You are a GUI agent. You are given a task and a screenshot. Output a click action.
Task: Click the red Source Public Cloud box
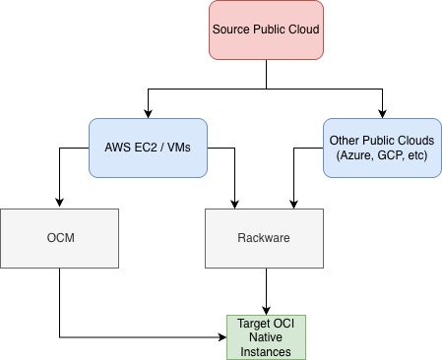[x=266, y=30]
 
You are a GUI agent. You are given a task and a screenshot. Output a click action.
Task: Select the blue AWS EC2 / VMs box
[x=148, y=149]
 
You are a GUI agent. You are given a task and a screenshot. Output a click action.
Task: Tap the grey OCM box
[x=60, y=237]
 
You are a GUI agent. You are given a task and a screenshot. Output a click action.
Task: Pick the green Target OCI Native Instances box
[x=266, y=336]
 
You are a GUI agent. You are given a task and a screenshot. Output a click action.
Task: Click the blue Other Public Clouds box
[x=382, y=149]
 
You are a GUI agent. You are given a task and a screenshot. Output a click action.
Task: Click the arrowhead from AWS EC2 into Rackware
[x=236, y=203]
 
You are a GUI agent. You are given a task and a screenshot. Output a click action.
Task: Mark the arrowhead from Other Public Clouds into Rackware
[x=291, y=203]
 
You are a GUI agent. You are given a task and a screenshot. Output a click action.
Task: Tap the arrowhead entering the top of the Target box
[x=266, y=310]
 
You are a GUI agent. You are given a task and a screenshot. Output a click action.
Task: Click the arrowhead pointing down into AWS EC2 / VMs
[x=148, y=113]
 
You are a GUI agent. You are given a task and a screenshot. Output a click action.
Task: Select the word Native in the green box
[x=266, y=336]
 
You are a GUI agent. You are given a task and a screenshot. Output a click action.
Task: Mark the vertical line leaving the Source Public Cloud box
[x=266, y=74]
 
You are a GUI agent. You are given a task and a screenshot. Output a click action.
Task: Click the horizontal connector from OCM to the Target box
[x=138, y=337]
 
